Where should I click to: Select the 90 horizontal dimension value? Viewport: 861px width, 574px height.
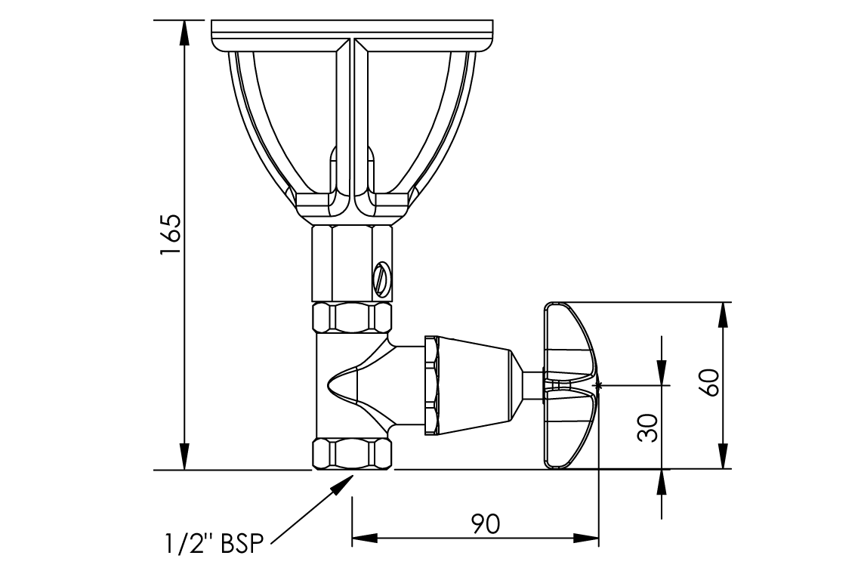point(486,523)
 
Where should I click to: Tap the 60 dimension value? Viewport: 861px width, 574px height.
point(711,382)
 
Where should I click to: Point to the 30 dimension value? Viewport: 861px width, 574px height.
point(649,428)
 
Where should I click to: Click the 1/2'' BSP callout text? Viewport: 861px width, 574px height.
point(214,545)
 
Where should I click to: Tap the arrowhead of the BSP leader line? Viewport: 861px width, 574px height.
point(345,484)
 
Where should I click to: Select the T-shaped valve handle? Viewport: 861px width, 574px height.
point(570,385)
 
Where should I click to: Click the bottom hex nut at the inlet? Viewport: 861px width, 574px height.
point(353,454)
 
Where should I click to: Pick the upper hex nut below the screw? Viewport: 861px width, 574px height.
point(353,317)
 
